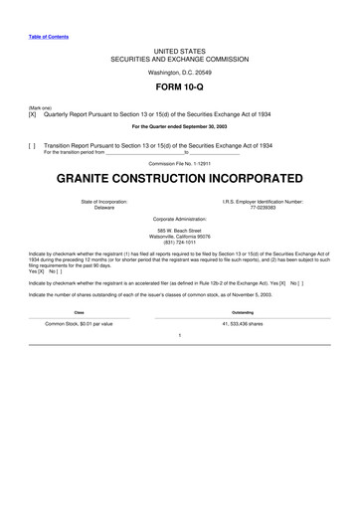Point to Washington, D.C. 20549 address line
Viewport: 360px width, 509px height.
tap(179, 73)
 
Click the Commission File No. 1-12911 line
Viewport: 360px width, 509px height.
tap(179, 162)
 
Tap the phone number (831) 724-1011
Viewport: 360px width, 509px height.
tap(179, 242)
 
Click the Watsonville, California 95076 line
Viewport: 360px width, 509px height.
tap(179, 236)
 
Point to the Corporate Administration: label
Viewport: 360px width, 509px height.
tap(179, 218)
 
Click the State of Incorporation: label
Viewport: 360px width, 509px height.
tap(103, 201)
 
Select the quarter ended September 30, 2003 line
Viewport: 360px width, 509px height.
tap(179, 127)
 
